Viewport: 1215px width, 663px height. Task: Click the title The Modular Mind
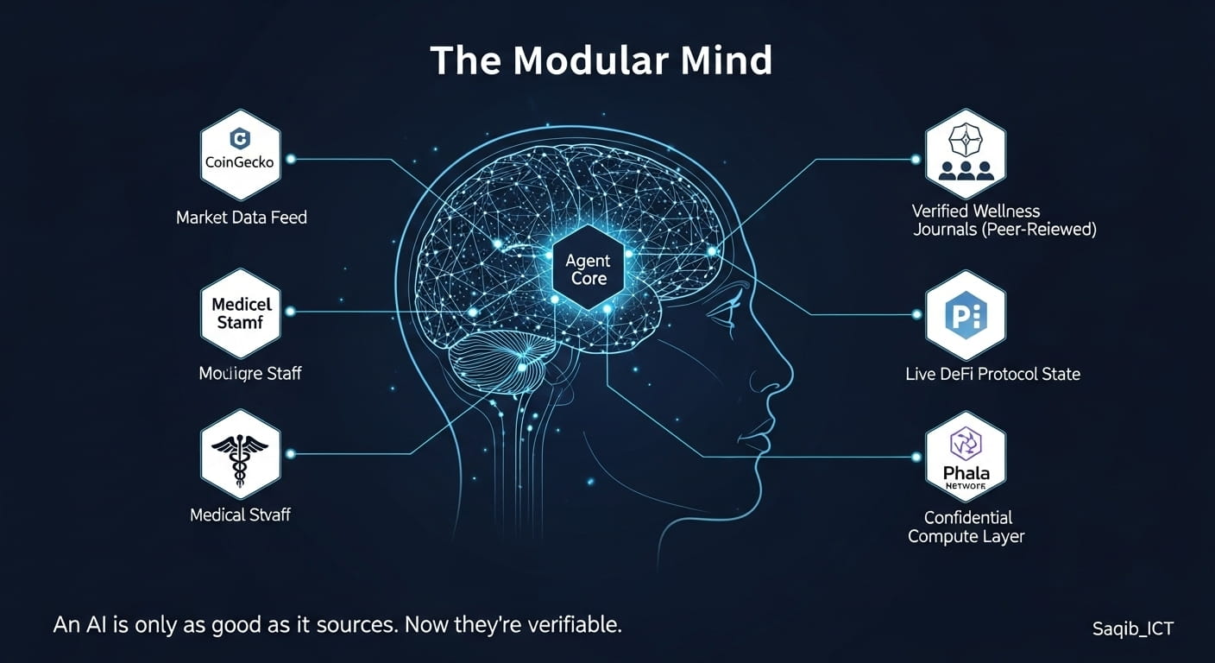[x=601, y=60]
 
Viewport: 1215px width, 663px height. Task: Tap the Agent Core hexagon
[x=588, y=268]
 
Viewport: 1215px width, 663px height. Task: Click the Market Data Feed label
[x=242, y=218]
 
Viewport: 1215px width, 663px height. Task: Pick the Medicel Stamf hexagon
[x=240, y=313]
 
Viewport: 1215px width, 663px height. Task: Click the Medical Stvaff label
[x=240, y=515]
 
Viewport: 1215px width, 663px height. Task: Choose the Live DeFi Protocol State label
[x=992, y=374]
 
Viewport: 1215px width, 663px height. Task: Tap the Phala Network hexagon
[x=965, y=458]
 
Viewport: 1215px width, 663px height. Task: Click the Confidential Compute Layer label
[x=966, y=527]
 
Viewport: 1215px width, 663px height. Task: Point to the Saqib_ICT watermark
[x=1132, y=628]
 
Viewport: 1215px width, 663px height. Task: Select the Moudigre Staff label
[x=250, y=374]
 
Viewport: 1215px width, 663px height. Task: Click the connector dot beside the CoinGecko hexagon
[x=291, y=159]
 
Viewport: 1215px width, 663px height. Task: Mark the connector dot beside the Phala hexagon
[x=915, y=457]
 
